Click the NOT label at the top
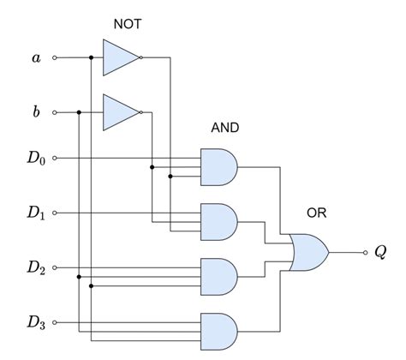tap(127, 24)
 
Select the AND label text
tap(224, 128)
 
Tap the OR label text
tap(316, 213)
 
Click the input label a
tap(35, 57)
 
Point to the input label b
tap(35, 111)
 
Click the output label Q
tap(380, 253)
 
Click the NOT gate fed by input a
tap(119, 58)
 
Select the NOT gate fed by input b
tap(119, 112)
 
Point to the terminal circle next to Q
tap(365, 253)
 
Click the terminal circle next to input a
tap(56, 58)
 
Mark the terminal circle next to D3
tap(56, 323)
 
